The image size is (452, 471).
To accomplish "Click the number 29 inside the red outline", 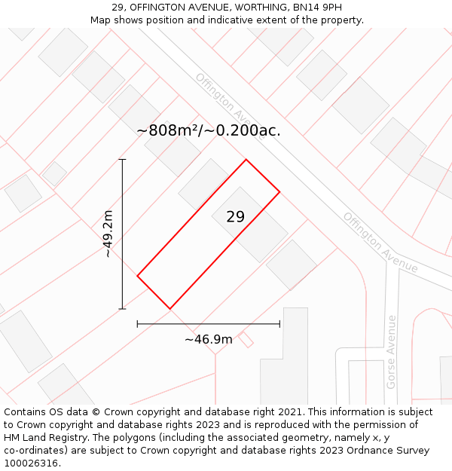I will [x=235, y=217].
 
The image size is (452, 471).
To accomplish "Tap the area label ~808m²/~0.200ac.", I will [x=209, y=130].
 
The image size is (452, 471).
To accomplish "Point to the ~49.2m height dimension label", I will [x=108, y=234].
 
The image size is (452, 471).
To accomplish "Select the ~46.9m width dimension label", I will [x=209, y=339].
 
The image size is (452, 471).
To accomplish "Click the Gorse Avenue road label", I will [x=391, y=352].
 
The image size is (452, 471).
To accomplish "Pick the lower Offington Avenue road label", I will [x=380, y=242].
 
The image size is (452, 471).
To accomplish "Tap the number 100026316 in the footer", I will [x=31, y=463].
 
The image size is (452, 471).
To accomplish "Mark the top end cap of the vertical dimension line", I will [x=123, y=159].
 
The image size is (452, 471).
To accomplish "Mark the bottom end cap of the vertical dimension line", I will [x=123, y=308].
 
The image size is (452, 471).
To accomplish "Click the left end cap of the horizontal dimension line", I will [x=137, y=324].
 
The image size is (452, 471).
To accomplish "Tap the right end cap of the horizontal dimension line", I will [x=279, y=324].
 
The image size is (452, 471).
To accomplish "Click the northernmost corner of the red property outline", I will [x=246, y=159].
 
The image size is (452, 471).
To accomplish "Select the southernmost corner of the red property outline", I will [x=170, y=308].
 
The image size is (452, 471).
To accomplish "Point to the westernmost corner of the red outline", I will [x=137, y=276].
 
